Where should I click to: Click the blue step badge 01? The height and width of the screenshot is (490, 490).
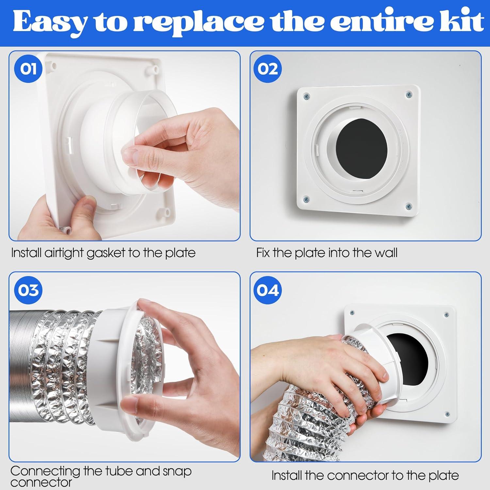28,70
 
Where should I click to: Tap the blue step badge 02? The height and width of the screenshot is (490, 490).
268,70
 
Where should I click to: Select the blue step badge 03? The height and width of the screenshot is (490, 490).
28,290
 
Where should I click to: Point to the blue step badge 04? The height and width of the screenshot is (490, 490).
268,290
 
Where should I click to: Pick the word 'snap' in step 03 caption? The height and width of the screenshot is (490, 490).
177,471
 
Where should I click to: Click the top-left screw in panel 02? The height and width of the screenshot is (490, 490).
306,96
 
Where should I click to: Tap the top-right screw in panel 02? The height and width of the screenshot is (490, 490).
409,95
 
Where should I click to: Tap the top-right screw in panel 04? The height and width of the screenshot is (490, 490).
446,315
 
